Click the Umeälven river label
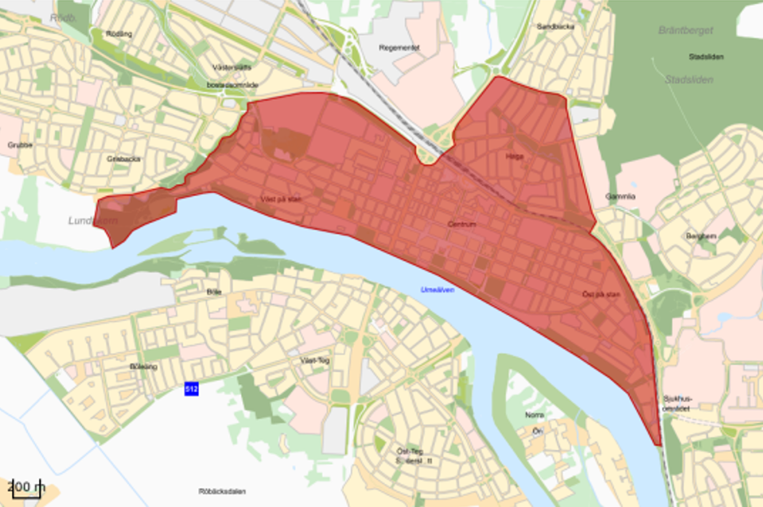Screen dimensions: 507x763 (438, 290)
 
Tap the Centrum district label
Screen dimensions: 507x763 (461, 225)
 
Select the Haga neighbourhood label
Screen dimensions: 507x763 (515, 157)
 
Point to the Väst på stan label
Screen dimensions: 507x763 (281, 199)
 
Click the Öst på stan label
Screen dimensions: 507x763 (601, 295)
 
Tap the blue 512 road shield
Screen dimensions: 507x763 (191, 389)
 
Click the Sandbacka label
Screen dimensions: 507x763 (555, 26)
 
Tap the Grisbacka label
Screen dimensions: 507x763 (123, 158)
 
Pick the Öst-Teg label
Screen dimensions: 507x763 (409, 451)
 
